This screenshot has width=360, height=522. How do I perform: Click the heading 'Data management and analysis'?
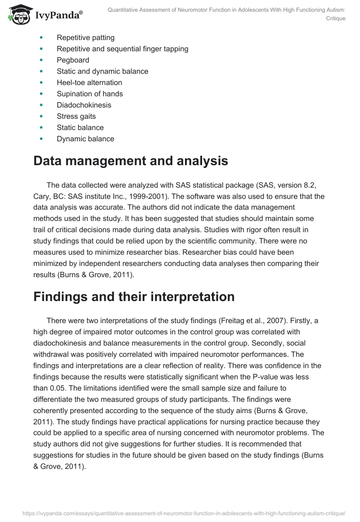[130, 161]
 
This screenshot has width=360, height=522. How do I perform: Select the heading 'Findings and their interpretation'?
[134, 297]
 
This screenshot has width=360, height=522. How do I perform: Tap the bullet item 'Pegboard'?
[73, 60]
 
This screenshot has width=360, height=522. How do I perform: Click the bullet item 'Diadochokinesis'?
[84, 105]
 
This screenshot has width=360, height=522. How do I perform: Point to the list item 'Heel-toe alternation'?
[89, 82]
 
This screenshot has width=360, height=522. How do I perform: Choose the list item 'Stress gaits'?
[76, 116]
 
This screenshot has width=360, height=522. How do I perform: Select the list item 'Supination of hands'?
[90, 94]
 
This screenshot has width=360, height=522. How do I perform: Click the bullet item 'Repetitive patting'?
[85, 37]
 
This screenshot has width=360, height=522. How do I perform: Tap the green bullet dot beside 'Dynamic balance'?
[42, 139]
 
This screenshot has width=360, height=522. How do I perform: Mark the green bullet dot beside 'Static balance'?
[42, 127]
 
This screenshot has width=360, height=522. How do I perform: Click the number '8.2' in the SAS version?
[313, 185]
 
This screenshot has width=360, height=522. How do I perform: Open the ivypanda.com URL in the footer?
[180, 513]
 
